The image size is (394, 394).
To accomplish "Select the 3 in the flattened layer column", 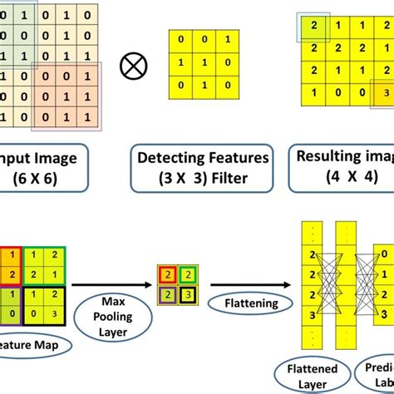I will (314, 316).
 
